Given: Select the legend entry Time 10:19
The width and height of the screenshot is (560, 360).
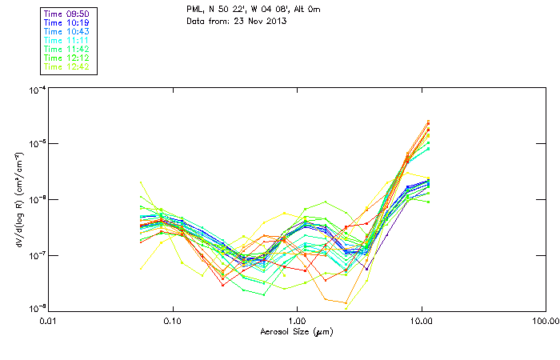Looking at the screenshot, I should (66, 24).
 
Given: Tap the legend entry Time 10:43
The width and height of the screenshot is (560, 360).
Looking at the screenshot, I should (66, 32).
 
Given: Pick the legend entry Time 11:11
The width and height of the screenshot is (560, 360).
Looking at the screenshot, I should (66, 41).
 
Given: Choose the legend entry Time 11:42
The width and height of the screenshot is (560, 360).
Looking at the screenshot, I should (66, 49).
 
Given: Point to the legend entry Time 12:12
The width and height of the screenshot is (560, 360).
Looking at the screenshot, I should (66, 58).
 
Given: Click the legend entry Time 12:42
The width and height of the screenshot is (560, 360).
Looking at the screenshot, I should (66, 66).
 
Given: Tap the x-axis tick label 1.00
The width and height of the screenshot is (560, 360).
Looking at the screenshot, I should (297, 320).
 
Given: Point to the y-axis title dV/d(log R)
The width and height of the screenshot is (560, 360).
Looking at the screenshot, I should (18, 198).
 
